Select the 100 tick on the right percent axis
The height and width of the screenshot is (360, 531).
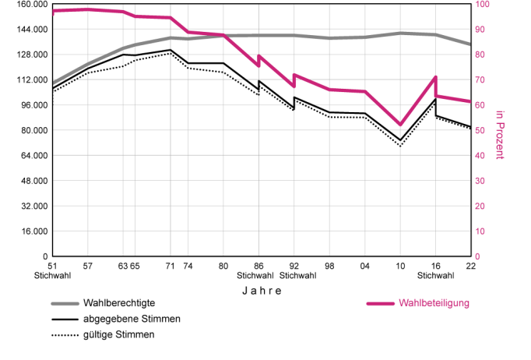484,4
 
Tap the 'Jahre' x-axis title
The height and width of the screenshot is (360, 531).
261,290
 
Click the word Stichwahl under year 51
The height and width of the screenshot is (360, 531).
52,276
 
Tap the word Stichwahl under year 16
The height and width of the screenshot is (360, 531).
435,276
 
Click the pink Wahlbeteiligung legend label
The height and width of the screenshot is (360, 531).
434,304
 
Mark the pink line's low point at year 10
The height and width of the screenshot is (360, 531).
400,125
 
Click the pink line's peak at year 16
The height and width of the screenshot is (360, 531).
435,77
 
